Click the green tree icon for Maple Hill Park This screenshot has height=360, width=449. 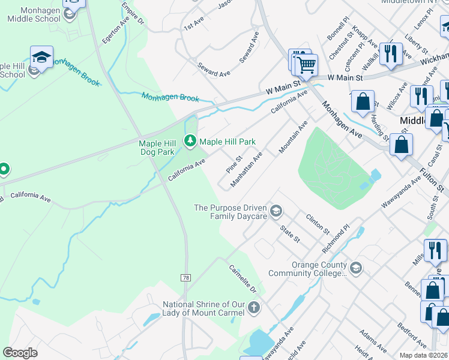tap(190, 141)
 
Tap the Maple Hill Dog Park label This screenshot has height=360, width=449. tap(156, 148)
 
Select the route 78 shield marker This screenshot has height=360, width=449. tap(185, 277)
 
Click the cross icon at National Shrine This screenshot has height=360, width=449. tap(254, 308)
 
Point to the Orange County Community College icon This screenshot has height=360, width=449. tap(355, 267)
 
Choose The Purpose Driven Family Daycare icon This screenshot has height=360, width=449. tap(276, 211)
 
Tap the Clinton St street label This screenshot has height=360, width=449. tap(318, 224)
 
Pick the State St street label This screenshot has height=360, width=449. tap(291, 233)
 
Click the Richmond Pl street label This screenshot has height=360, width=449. tap(336, 239)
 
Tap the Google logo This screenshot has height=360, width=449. tap(20, 353)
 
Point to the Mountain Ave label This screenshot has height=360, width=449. tap(294, 137)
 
